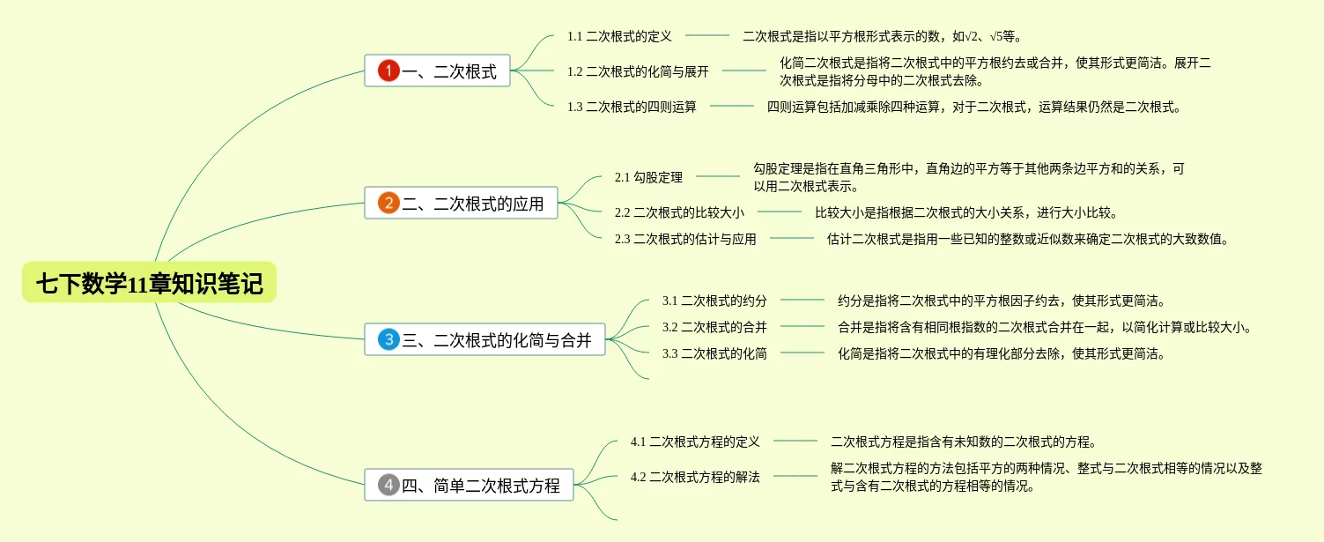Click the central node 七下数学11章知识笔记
coord(149,284)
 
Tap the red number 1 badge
coord(388,71)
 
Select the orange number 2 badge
coord(388,204)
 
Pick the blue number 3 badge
coord(388,339)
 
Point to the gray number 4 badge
coord(388,485)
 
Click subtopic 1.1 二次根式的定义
coord(619,36)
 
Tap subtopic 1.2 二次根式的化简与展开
coord(638,71)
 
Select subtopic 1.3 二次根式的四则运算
coord(632,107)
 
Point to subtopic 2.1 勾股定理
coord(648,177)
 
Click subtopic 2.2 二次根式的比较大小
coord(679,212)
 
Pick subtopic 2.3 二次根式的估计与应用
coord(685,238)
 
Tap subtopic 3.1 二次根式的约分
coord(714,301)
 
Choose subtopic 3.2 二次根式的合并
coord(714,327)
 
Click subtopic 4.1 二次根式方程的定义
coord(695,441)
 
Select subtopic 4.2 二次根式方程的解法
coord(695,477)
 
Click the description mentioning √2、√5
coord(882,36)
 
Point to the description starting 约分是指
coord(1002,301)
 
